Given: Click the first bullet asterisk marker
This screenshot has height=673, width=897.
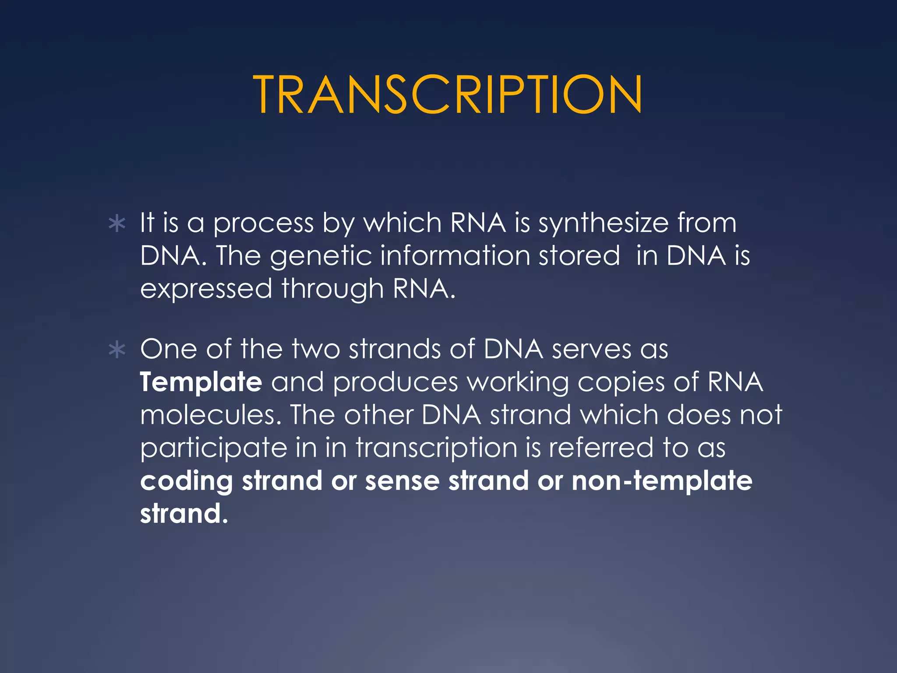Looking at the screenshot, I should point(117,224).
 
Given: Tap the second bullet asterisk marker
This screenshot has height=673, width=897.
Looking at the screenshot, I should point(117,350).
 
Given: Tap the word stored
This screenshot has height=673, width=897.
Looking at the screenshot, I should point(579,256).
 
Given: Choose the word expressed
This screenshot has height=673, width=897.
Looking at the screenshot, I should point(206,290).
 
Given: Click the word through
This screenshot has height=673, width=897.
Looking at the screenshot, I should point(332,290).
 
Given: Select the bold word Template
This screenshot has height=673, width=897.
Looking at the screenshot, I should point(201,383).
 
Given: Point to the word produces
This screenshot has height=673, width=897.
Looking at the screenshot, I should point(395,383).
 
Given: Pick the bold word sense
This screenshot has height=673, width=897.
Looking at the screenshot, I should point(402,481).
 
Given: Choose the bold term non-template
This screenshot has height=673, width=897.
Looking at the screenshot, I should point(662,482).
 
